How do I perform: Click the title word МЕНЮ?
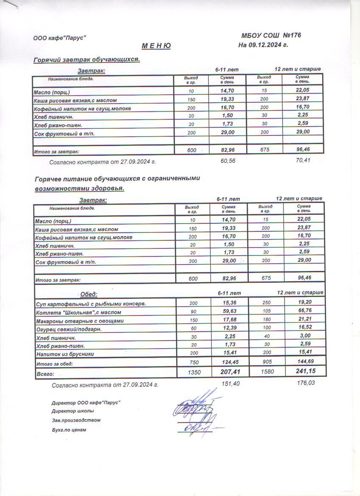click(155, 46)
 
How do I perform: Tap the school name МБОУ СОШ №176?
click(271, 35)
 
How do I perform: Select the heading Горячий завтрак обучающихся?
click(87, 59)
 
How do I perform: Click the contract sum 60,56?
click(228, 161)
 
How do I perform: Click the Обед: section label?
click(89, 294)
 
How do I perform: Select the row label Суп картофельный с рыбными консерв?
click(91, 304)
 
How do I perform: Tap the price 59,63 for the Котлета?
click(228, 312)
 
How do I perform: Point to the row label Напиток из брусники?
click(65, 353)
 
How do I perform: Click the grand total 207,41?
click(228, 372)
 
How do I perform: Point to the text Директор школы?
click(73, 411)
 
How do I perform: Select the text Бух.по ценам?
click(69, 430)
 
